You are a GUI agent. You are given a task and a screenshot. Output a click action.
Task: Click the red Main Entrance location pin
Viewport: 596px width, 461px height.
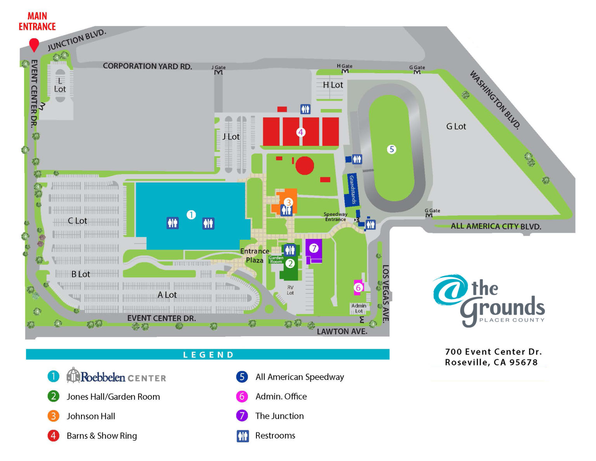(34, 44)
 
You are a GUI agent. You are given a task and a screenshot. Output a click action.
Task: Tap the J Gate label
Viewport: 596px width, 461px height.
(218, 68)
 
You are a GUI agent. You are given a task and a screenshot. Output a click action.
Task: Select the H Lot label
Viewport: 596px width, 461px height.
(333, 85)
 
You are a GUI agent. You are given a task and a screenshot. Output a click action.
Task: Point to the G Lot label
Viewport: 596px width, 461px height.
(456, 126)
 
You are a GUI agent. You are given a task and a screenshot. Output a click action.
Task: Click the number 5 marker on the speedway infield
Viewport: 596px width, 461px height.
(392, 149)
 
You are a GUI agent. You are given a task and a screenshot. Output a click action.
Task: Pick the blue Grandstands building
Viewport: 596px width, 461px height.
(352, 190)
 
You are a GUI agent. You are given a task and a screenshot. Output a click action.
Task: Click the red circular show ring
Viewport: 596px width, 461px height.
(305, 166)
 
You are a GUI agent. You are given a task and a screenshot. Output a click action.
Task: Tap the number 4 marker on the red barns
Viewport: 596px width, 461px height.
(300, 132)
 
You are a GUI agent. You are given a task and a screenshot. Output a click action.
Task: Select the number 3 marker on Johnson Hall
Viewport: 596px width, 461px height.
(288, 202)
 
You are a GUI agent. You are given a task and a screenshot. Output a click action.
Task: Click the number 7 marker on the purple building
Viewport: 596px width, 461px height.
(314, 248)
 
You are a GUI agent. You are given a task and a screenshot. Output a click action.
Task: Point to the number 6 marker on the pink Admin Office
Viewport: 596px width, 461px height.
(358, 288)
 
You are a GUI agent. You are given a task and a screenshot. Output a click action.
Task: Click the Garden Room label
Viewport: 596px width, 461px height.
(276, 260)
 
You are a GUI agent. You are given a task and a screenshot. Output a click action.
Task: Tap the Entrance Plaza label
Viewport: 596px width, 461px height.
(255, 256)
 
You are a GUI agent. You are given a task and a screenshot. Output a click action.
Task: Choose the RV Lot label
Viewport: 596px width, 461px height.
(290, 290)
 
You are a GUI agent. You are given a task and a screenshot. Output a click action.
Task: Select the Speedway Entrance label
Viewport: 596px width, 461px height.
(335, 217)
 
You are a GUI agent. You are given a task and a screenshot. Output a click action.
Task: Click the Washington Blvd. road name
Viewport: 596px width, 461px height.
(495, 99)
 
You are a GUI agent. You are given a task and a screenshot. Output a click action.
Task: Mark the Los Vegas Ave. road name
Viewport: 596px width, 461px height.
(385, 294)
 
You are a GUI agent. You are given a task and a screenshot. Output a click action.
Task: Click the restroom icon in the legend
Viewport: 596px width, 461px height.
(243, 436)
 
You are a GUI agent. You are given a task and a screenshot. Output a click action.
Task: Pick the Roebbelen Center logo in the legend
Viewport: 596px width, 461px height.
(116, 376)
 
